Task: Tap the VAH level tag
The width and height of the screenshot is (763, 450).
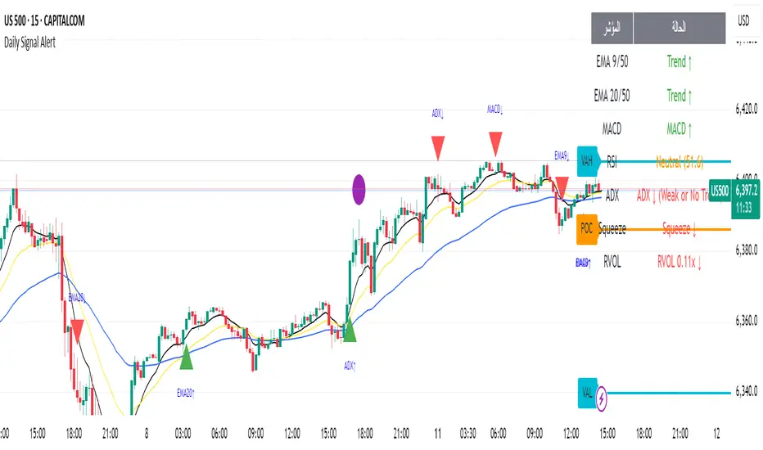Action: tap(587, 161)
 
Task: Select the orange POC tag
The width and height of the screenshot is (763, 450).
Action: tap(586, 228)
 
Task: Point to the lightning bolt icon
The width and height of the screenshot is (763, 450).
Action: tap(604, 398)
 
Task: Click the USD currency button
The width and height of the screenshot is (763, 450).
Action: tap(744, 20)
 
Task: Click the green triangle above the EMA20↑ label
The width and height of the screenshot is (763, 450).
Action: tap(186, 358)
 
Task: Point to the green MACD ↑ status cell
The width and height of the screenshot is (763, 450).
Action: tap(677, 128)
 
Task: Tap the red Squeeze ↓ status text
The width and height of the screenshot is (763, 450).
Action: tap(677, 229)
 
